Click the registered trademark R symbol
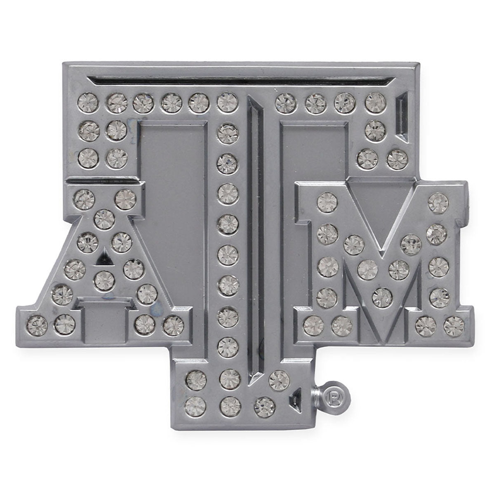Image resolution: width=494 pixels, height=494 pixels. coord(334,398)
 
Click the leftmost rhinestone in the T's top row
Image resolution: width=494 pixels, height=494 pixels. coord(88,104)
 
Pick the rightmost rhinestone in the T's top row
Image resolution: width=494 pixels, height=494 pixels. coord(376,103)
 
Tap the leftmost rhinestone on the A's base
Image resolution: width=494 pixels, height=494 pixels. coord(37,325)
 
